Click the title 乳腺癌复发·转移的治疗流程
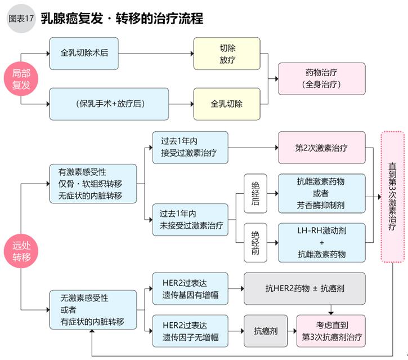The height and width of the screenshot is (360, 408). pos(122,18)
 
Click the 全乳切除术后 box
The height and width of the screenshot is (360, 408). pos(84,54)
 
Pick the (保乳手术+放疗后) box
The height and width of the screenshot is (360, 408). pos(109,104)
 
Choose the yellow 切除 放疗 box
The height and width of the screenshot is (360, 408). pos(227,54)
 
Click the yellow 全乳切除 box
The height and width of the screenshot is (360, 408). pos(227,104)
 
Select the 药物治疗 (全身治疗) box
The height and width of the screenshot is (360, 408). pos(321,79)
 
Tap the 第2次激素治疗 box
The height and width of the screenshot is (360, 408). pos(321,148)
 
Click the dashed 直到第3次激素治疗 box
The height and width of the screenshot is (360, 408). pos(393,196)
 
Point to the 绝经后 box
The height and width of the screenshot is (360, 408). pos(255,193)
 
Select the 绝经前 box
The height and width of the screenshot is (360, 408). pos(255,242)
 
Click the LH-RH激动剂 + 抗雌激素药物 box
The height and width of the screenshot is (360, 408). pos(321,242)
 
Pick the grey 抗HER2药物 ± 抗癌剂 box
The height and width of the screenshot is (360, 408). pos(304,288)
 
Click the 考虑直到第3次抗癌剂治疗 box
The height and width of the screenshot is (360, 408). pos(331,331)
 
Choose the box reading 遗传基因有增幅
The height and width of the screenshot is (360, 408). pos(190,288)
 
